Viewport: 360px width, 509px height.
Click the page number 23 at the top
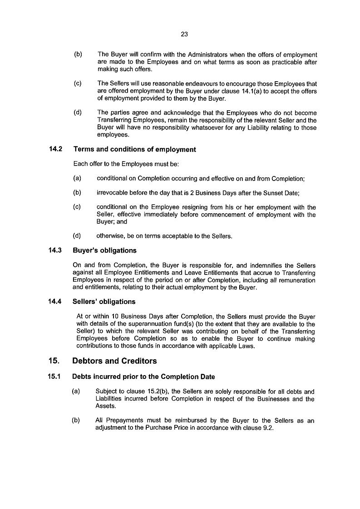pos(184,34)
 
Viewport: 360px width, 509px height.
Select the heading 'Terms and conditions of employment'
pos(134,149)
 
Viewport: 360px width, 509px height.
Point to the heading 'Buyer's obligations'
pos(104,250)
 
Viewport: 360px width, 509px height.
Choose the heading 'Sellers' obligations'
pos(104,301)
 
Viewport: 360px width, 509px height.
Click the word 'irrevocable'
pos(112,193)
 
